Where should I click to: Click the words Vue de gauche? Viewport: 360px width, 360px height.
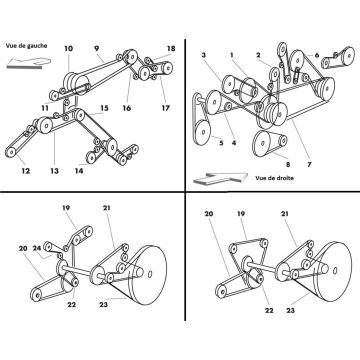click(x=26, y=46)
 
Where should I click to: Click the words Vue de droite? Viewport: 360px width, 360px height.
click(x=275, y=178)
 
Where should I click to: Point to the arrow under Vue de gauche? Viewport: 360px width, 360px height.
click(x=29, y=63)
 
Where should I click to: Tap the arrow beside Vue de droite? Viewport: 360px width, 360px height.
click(x=221, y=178)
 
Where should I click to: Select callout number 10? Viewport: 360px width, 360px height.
click(x=68, y=49)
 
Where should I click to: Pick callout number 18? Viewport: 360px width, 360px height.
click(x=171, y=49)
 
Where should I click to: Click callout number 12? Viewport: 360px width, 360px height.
click(x=26, y=171)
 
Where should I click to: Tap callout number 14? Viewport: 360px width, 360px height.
click(x=79, y=171)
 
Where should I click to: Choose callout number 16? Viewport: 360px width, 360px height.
click(x=127, y=108)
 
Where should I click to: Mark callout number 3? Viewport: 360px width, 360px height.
click(x=204, y=55)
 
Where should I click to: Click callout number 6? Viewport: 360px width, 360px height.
click(x=317, y=55)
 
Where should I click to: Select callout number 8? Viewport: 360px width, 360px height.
click(x=288, y=164)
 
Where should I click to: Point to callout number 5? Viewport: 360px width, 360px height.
click(x=221, y=143)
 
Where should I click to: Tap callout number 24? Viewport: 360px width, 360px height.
click(x=37, y=248)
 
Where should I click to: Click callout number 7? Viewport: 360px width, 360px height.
click(x=309, y=164)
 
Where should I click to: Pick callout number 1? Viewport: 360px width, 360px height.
click(x=232, y=55)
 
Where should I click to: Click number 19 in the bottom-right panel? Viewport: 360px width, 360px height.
click(x=241, y=214)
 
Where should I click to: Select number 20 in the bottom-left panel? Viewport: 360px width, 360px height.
click(x=23, y=248)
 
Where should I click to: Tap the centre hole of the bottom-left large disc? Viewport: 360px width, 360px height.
click(x=150, y=274)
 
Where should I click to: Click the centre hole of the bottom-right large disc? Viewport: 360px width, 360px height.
click(x=335, y=269)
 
